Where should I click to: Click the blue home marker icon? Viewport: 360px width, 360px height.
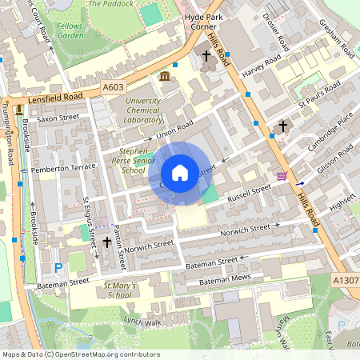coord(180,173)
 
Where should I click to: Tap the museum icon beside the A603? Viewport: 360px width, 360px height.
coord(165,76)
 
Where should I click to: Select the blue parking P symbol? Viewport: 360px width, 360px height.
coord(58,268)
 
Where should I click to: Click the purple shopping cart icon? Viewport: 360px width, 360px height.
coord(281,176)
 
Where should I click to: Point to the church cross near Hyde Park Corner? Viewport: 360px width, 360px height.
coord(206,56)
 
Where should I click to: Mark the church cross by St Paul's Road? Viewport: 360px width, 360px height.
coord(282,126)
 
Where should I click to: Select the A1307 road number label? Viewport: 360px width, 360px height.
coord(345,279)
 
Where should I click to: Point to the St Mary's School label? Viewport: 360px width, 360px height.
coord(118,289)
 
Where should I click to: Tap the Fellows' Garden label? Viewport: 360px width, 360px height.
coord(70,30)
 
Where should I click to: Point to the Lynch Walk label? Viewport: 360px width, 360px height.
coord(142,322)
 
